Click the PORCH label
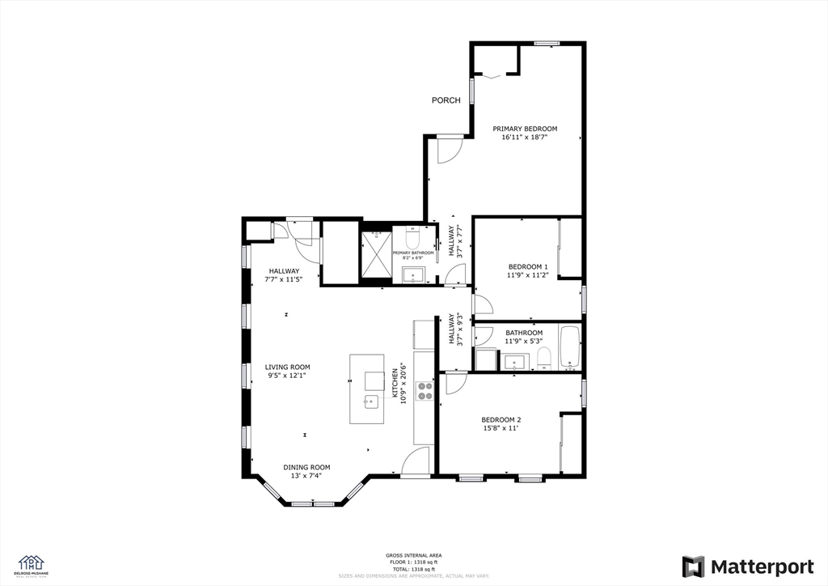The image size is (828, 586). tap(446, 100)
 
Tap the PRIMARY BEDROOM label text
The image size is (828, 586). tap(525, 129)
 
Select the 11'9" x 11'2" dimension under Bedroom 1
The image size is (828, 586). tap(528, 275)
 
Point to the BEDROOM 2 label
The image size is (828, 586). tap(501, 419)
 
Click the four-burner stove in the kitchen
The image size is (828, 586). tap(425, 391)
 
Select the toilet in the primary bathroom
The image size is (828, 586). tap(412, 240)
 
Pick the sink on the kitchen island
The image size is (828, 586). tap(372, 401)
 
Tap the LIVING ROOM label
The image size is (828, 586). tap(288, 367)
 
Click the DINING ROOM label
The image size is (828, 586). tap(307, 467)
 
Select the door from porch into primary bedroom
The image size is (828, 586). tap(450, 148)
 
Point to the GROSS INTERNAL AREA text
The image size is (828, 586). tap(413, 555)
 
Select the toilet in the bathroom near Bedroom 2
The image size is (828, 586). tap(544, 356)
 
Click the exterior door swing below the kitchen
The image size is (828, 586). tap(416, 461)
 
